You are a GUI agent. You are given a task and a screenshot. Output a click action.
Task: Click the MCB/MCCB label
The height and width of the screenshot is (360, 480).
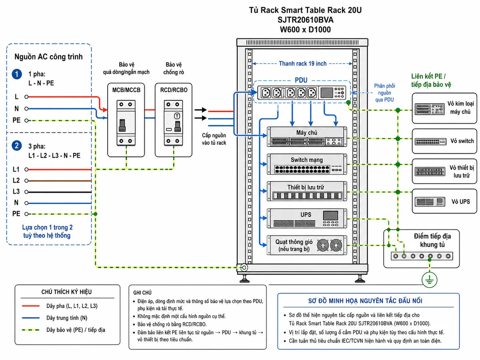click(126, 90)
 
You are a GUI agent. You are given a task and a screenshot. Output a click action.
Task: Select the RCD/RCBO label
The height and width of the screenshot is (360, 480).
click(174, 90)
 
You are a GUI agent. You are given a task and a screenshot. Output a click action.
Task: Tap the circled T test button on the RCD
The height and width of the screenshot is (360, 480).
click(177, 116)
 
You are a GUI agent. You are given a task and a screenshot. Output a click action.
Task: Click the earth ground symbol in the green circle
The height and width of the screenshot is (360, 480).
click(429, 280)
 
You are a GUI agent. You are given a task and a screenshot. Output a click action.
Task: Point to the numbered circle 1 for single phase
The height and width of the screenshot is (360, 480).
click(17, 74)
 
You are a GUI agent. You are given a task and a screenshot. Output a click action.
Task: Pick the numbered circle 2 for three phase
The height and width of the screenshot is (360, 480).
click(17, 146)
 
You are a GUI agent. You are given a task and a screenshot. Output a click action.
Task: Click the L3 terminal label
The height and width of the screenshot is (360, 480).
click(16, 192)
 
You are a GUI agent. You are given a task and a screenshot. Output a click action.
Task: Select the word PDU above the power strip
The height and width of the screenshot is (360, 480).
click(301, 80)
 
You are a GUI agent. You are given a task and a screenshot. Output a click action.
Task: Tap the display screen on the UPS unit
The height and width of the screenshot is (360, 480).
click(330, 215)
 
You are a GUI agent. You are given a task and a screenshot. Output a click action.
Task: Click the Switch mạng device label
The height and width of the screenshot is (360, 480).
click(306, 160)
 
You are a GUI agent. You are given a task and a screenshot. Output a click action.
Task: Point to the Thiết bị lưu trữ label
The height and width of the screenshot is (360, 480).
click(306, 187)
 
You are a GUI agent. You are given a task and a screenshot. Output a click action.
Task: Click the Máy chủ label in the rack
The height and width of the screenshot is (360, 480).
click(306, 133)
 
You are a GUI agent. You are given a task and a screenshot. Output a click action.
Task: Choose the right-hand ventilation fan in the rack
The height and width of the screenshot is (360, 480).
click(336, 245)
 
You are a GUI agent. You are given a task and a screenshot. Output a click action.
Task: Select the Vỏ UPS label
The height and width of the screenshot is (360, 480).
click(460, 202)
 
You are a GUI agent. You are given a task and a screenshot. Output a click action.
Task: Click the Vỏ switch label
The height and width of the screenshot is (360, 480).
click(462, 141)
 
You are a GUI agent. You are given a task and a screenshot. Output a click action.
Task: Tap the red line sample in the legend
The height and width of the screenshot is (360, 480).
click(31, 306)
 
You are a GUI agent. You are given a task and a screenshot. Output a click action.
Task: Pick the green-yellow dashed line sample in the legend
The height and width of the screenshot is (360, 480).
click(31, 330)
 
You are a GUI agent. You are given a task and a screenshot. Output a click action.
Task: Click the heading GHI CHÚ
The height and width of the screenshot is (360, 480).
click(142, 292)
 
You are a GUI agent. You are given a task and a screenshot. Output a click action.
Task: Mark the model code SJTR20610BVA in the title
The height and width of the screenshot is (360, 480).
click(305, 20)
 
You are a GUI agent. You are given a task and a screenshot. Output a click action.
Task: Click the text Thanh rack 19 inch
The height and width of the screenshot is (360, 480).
click(302, 64)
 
